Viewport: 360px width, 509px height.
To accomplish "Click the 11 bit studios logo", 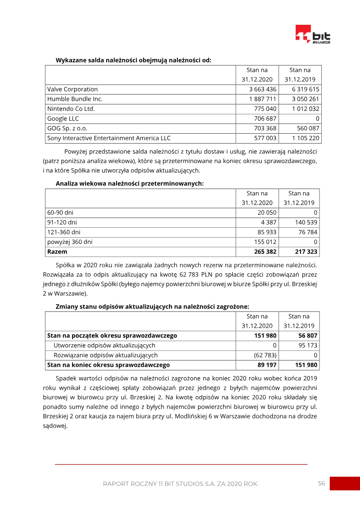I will (x=313, y=34).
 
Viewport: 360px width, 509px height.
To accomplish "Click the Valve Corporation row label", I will (x=72, y=89).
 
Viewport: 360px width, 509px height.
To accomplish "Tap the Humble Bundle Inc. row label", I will (x=75, y=99).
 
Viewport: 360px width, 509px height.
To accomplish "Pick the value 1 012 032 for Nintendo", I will (x=305, y=109).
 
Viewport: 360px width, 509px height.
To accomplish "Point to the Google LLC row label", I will (x=63, y=118).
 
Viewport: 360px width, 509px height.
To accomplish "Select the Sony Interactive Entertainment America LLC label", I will (x=109, y=138).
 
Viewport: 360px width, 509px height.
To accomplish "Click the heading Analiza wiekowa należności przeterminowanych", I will (x=130, y=184).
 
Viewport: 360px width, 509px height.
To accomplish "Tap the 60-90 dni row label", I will (x=60, y=212).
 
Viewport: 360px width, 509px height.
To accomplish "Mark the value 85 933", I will (x=266, y=232).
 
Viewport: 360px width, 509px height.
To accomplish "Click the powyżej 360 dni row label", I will (x=70, y=242).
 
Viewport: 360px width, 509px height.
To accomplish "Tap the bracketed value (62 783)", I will (x=265, y=356).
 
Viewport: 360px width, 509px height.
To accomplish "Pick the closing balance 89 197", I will (x=266, y=365).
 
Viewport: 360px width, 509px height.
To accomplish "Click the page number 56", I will (x=321, y=483).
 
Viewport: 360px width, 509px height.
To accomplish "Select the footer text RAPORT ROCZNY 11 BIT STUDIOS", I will (x=180, y=484).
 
